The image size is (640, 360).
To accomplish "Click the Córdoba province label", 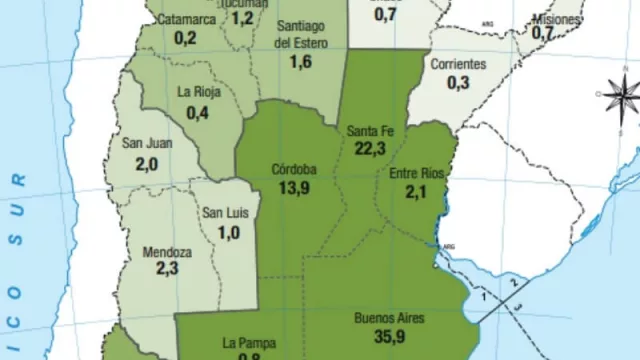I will pyautogui.click(x=294, y=169).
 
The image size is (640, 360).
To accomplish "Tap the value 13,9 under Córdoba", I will pyautogui.click(x=294, y=188).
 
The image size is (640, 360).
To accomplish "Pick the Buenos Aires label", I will pyautogui.click(x=389, y=319).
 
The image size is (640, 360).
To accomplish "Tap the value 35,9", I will pyautogui.click(x=390, y=338).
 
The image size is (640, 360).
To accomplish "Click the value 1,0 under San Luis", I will pyautogui.click(x=228, y=232).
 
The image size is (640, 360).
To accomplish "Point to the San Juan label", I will pyautogui.click(x=147, y=143).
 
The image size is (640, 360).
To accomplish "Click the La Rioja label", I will pyautogui.click(x=198, y=92).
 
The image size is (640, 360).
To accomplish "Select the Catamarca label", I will pyautogui.click(x=186, y=19).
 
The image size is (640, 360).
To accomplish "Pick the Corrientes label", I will pyautogui.click(x=458, y=64).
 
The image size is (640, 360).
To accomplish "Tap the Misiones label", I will pyautogui.click(x=555, y=19).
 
